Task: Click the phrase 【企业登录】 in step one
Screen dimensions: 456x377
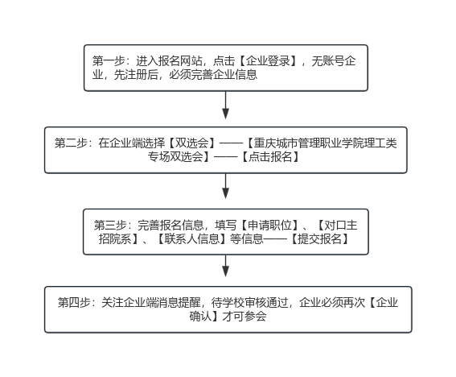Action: (x=268, y=61)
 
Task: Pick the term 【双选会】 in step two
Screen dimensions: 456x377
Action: (x=192, y=143)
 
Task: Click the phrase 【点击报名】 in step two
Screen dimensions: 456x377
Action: (x=270, y=157)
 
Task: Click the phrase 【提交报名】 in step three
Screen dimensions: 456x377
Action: (x=319, y=239)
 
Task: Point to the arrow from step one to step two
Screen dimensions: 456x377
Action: (x=225, y=106)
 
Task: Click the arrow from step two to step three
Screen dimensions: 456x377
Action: (x=225, y=186)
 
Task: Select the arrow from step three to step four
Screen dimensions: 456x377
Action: (x=225, y=266)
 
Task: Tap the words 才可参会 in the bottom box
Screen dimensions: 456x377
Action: (x=244, y=317)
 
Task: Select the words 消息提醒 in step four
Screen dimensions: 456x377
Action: (x=178, y=303)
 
